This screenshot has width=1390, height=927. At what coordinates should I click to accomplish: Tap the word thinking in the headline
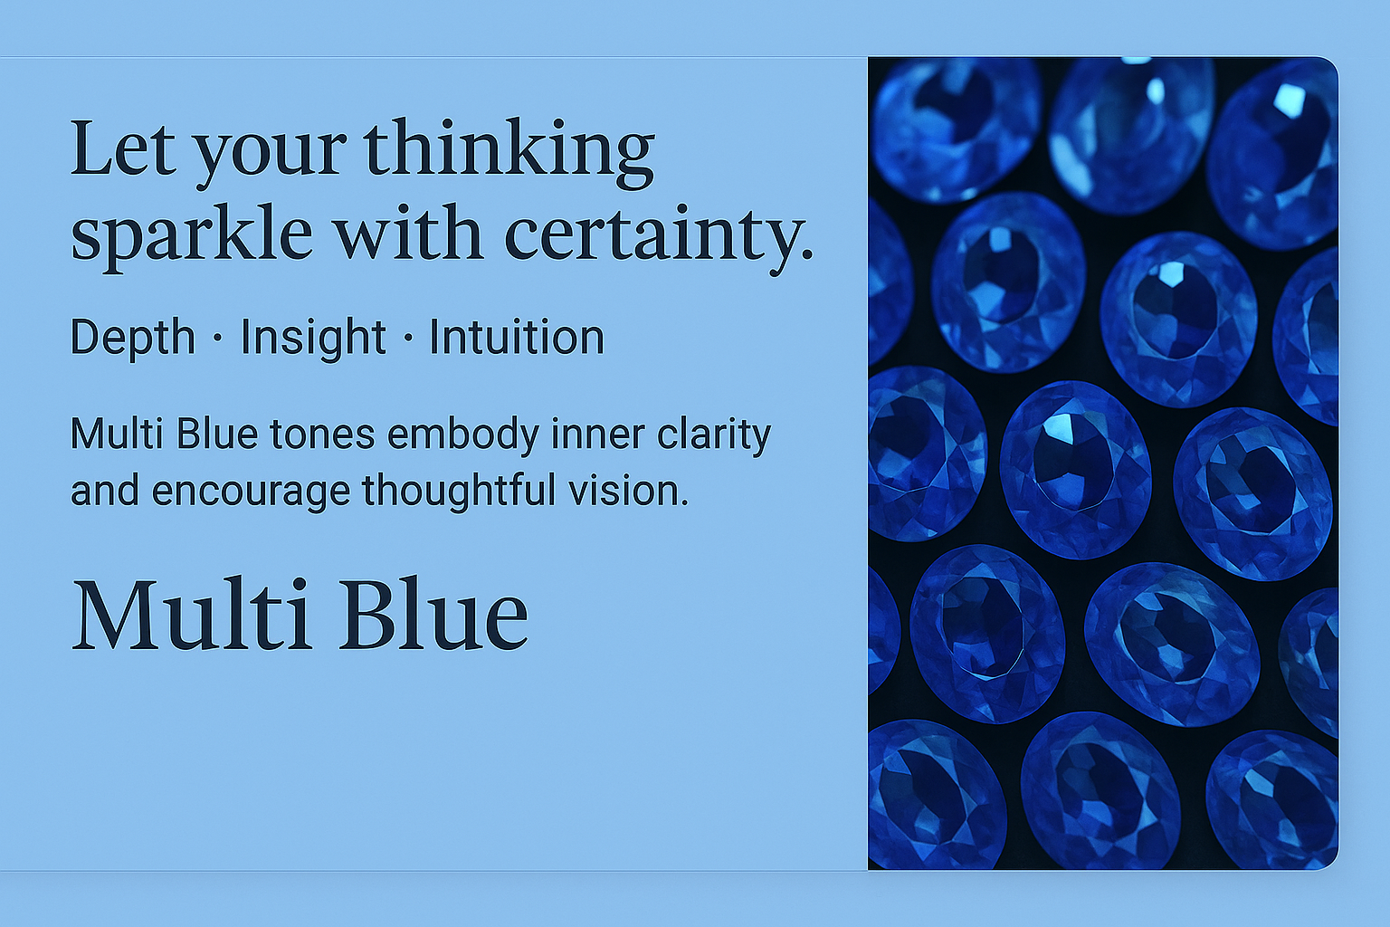509,153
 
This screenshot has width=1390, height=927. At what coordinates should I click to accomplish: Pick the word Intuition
517,337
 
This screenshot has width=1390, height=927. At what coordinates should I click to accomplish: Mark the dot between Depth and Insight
217,339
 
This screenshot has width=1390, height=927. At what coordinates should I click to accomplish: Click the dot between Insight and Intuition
408,339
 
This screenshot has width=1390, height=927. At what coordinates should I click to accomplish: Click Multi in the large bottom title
192,614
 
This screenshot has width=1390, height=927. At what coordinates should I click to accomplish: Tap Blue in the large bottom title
433,614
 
